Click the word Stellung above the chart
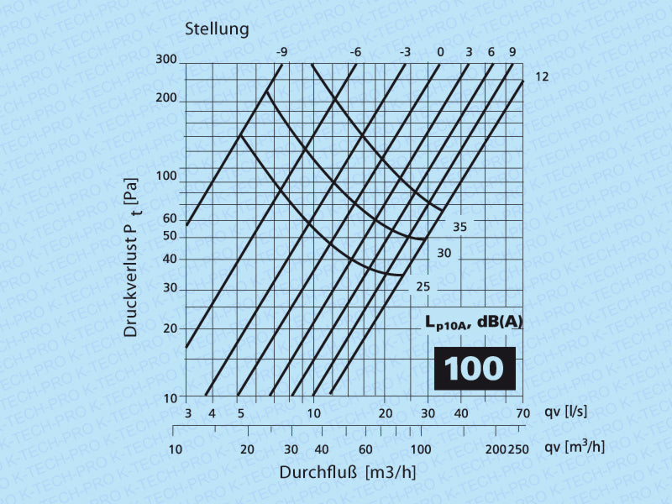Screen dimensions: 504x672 (x=217, y=29)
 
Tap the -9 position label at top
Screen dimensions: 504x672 (x=282, y=53)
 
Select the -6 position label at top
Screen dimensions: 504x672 (x=356, y=53)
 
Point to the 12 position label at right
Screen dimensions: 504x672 (x=542, y=76)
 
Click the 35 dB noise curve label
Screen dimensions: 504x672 (x=459, y=227)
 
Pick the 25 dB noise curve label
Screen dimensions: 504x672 (x=423, y=287)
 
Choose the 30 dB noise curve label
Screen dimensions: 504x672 (x=444, y=253)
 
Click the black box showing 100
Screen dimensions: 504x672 (x=475, y=369)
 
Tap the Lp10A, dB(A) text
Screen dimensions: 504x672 (x=473, y=322)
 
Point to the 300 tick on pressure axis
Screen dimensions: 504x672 (x=165, y=60)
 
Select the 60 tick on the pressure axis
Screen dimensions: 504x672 (x=170, y=218)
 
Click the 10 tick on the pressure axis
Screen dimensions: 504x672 (x=171, y=396)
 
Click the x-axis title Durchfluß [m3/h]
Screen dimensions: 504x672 (x=348, y=472)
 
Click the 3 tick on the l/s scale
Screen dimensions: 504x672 (x=187, y=413)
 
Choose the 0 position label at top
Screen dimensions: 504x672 (x=439, y=53)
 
